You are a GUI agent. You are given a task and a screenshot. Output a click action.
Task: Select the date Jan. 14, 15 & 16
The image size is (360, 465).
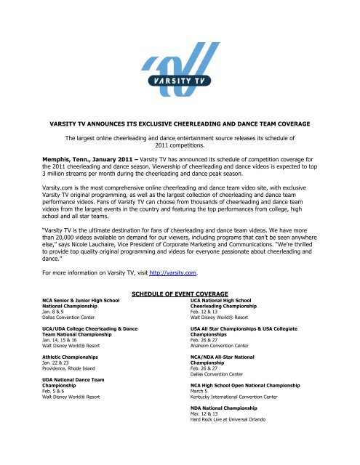click(x=63, y=340)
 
